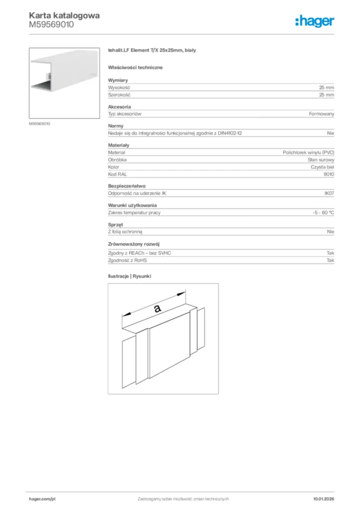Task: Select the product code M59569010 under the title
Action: pyautogui.click(x=51, y=24)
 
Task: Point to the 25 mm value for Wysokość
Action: pyautogui.click(x=327, y=87)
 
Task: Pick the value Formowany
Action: pyautogui.click(x=322, y=114)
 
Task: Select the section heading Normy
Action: pyautogui.click(x=115, y=126)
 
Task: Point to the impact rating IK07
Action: pyautogui.click(x=329, y=194)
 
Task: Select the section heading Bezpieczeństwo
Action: pyautogui.click(x=127, y=186)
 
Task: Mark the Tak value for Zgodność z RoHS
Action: pyautogui.click(x=330, y=260)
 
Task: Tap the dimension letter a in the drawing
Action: pyautogui.click(x=158, y=308)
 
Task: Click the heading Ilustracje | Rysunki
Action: pyautogui.click(x=129, y=276)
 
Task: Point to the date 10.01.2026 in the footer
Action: pyautogui.click(x=323, y=499)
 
